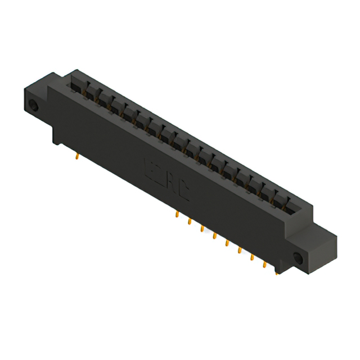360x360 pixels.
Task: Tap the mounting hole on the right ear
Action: click(x=298, y=259)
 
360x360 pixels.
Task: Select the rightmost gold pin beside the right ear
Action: click(x=277, y=273)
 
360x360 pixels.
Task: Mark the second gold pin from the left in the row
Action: click(x=190, y=222)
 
